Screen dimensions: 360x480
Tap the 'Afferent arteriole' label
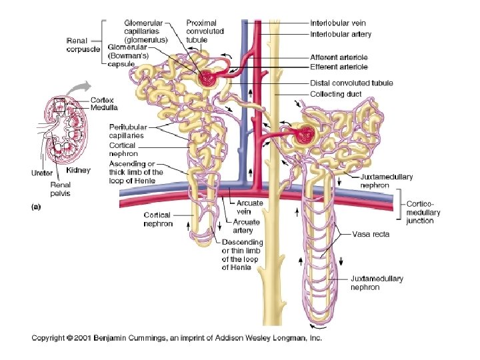pyautogui.click(x=339, y=57)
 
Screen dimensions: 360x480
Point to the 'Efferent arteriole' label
pyautogui.click(x=339, y=67)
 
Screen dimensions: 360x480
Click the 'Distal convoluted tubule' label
pyautogui.click(x=351, y=83)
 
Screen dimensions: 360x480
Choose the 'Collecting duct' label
pyautogui.click(x=336, y=94)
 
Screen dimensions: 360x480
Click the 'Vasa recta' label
pyautogui.click(x=372, y=234)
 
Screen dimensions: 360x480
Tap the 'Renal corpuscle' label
pyautogui.click(x=83, y=44)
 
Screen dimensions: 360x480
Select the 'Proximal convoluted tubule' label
pyautogui.click(x=205, y=31)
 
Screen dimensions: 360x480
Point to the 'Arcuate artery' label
pyautogui.click(x=247, y=226)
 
